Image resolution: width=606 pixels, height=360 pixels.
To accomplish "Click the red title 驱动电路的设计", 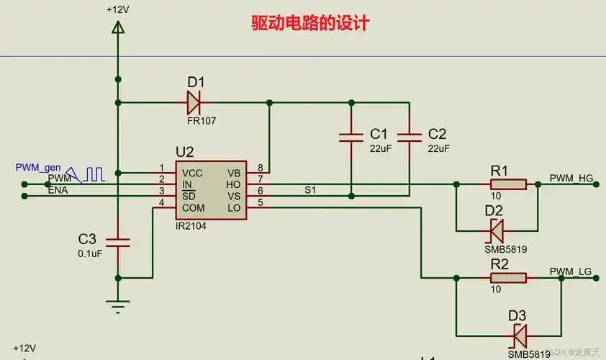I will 310,23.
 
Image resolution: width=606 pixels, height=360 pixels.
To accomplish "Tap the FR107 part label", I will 202,121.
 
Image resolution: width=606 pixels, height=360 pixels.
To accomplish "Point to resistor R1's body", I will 508,184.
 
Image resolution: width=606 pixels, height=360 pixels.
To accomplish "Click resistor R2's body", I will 508,277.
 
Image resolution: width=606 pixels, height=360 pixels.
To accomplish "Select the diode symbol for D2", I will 497,230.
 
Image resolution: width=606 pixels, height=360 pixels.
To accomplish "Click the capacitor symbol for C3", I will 118,242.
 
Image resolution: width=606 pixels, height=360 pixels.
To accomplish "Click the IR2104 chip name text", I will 191,225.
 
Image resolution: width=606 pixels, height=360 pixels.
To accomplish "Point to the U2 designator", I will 185,152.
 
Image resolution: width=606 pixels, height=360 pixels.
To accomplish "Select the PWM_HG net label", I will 571,177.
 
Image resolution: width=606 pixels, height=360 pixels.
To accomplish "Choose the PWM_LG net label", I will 570,271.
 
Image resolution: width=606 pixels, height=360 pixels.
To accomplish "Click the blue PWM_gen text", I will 38,167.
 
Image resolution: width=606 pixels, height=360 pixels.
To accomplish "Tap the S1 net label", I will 310,189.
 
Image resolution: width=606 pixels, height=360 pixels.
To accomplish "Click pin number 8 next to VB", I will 260,168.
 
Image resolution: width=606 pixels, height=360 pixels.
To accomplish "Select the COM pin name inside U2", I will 193,208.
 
